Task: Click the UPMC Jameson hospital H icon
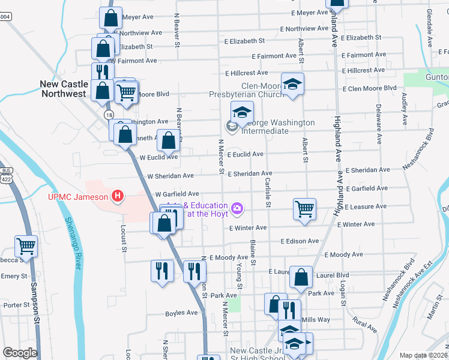pyautogui.click(x=118, y=196)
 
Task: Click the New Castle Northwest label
pyautogui.click(x=63, y=89)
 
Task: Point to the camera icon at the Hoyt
pyautogui.click(x=238, y=208)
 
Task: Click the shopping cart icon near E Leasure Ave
pyautogui.click(x=304, y=209)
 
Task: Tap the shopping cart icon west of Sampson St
pyautogui.click(x=26, y=245)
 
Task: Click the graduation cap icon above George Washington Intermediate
pyautogui.click(x=242, y=112)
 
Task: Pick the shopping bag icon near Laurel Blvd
pyautogui.click(x=301, y=277)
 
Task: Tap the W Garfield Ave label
pyautogui.click(x=176, y=194)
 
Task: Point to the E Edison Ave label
pyautogui.click(x=299, y=241)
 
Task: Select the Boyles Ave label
pyautogui.click(x=181, y=313)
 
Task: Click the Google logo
pyautogui.click(x=20, y=353)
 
